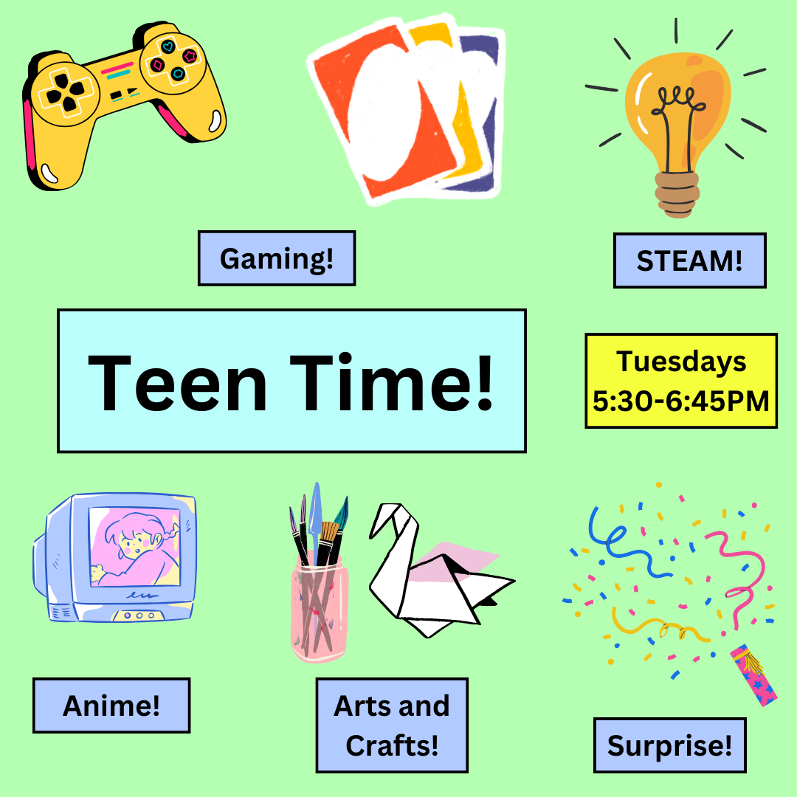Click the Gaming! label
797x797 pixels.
click(x=277, y=258)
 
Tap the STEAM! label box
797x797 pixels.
click(x=689, y=261)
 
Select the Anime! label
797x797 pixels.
click(x=111, y=705)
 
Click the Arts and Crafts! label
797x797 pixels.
click(x=392, y=725)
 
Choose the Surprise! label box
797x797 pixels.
click(x=670, y=745)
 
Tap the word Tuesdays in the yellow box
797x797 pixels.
click(x=681, y=362)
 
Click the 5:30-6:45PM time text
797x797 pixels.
click(x=681, y=401)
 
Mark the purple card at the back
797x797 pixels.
click(x=483, y=111)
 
